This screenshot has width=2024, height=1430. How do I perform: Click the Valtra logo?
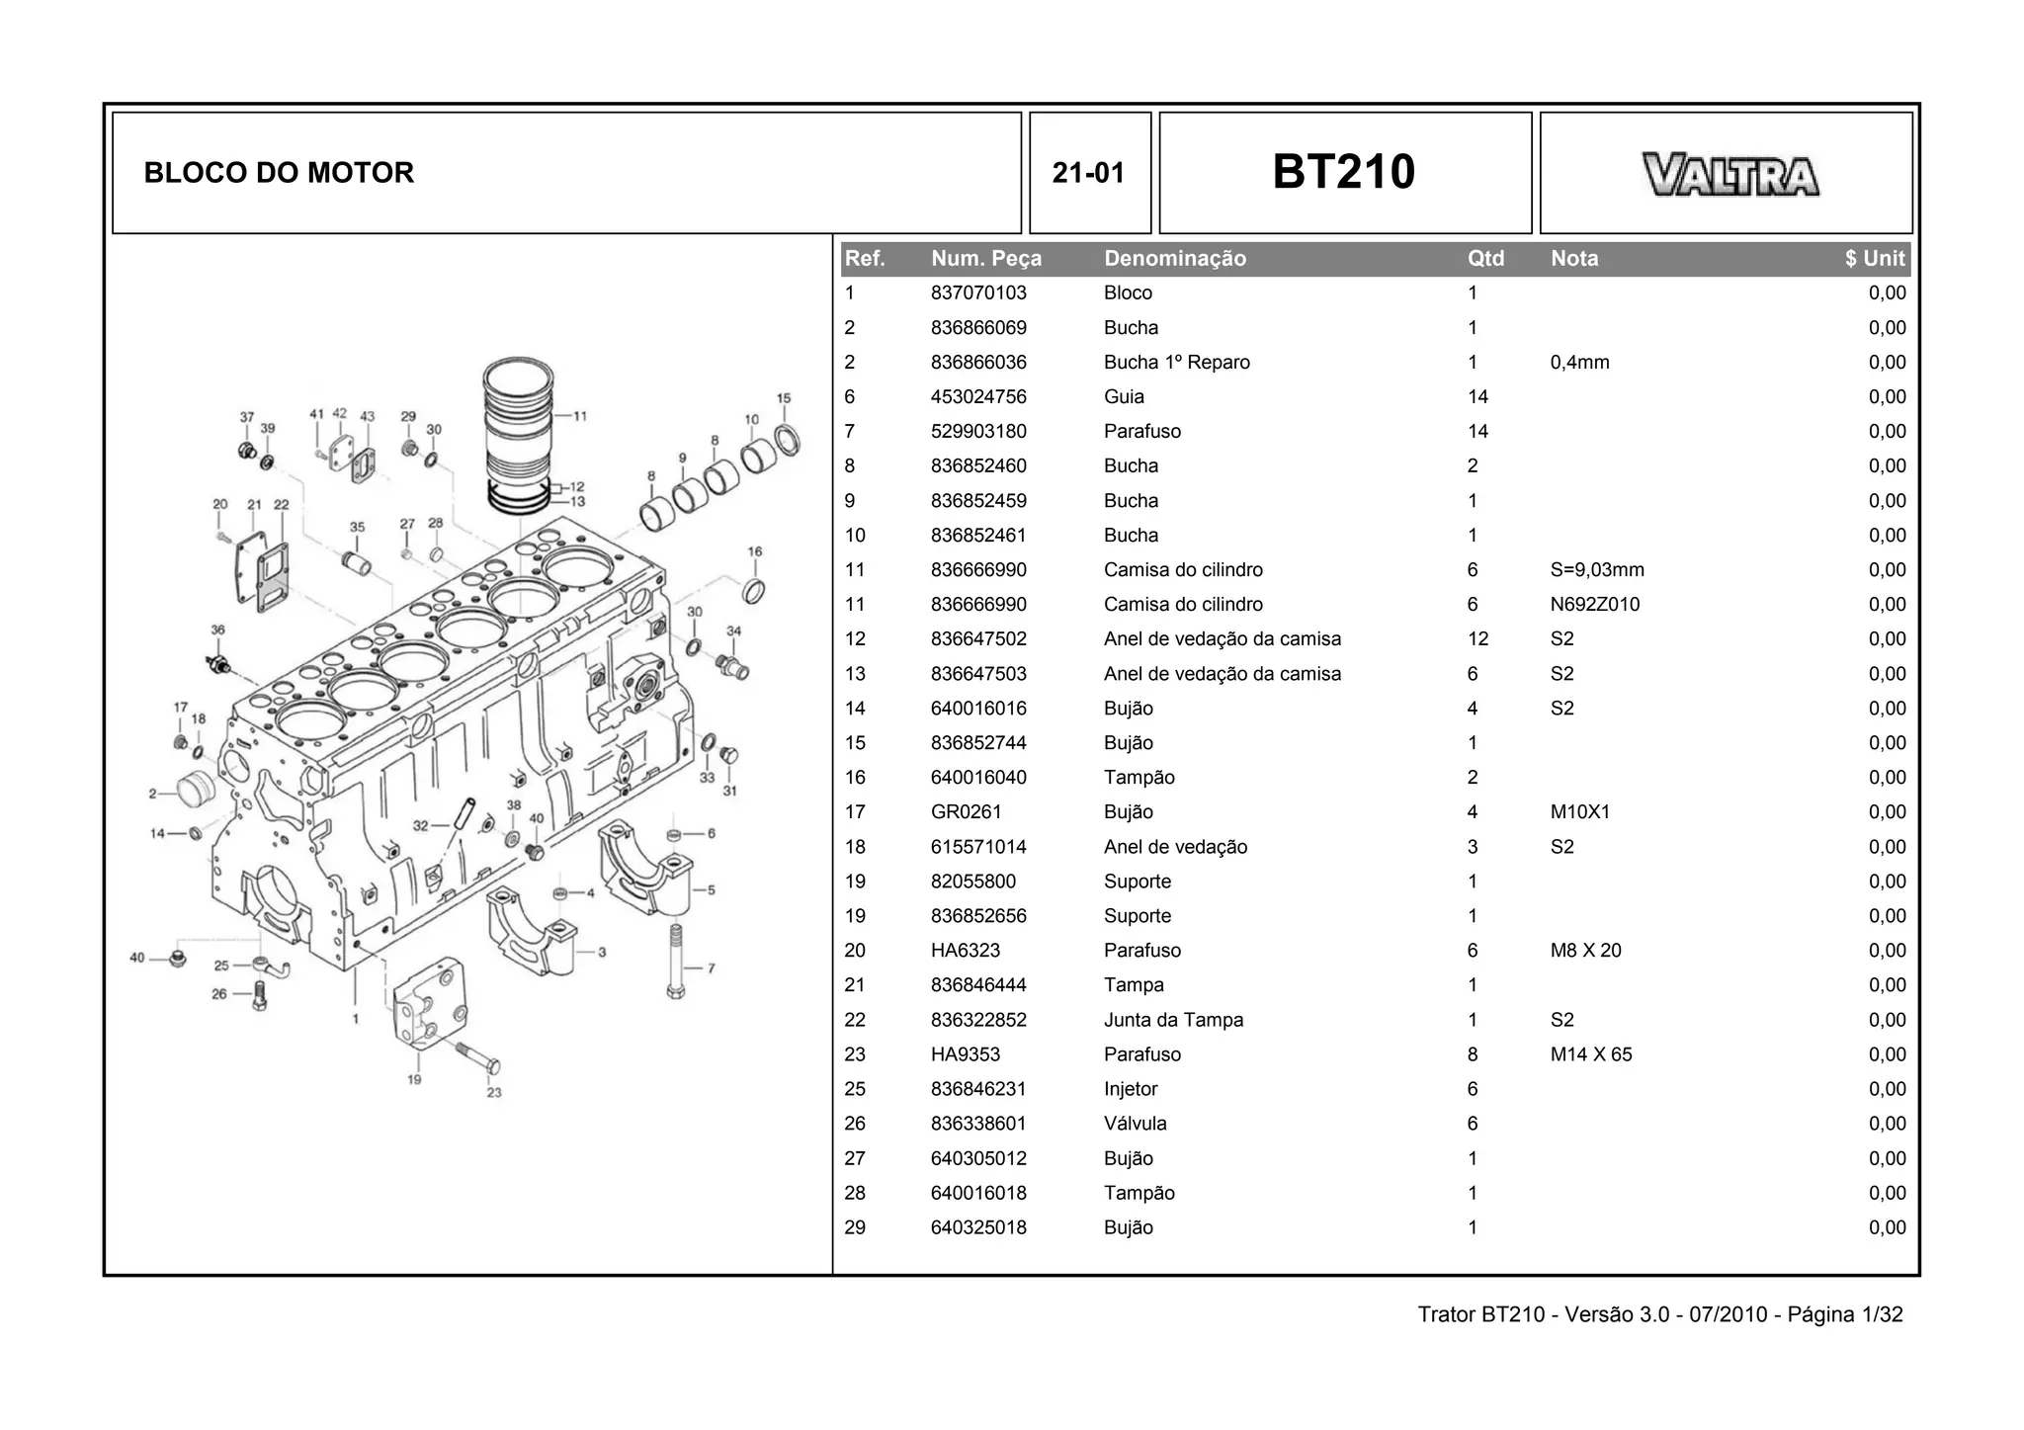(x=1729, y=175)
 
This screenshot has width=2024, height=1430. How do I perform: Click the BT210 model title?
(x=1343, y=172)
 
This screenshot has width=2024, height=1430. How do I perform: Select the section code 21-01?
(x=1088, y=173)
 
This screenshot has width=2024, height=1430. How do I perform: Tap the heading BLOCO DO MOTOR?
(x=279, y=173)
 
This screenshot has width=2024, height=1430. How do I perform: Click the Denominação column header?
(x=1174, y=259)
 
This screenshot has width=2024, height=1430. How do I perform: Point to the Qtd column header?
(x=1484, y=259)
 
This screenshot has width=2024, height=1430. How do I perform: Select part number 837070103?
(x=977, y=294)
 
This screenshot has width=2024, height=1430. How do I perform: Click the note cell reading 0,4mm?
(x=1579, y=363)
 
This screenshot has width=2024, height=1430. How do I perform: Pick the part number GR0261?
(x=966, y=812)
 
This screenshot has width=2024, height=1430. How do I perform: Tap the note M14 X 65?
(x=1590, y=1054)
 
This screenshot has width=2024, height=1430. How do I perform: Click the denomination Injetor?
(x=1130, y=1089)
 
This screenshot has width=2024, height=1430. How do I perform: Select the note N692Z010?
(x=1593, y=605)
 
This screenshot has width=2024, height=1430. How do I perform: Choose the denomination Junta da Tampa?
(x=1173, y=1020)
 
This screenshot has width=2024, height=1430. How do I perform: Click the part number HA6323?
(x=965, y=951)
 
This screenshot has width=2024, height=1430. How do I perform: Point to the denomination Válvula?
(x=1135, y=1124)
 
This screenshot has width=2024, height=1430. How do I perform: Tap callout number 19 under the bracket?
(x=414, y=1079)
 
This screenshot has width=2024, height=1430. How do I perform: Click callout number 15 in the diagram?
(x=783, y=399)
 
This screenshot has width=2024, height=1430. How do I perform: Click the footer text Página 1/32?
(x=1844, y=1314)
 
